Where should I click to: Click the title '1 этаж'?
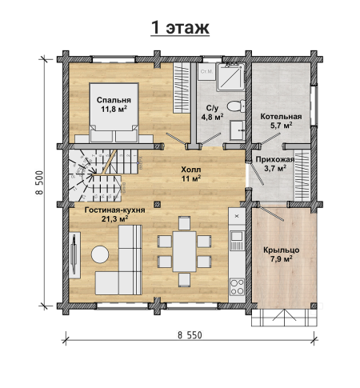(180, 27)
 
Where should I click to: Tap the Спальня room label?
(114, 100)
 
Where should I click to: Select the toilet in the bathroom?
(236, 106)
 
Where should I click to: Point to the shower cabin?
(230, 76)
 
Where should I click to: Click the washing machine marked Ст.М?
(206, 71)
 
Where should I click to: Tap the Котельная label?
(281, 117)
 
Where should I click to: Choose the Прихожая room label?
(275, 159)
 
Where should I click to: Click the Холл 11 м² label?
(191, 174)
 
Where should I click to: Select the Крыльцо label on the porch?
(282, 250)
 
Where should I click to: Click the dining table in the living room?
(184, 251)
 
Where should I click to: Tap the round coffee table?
(100, 254)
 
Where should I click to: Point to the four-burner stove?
(237, 287)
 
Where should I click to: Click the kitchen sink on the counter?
(237, 237)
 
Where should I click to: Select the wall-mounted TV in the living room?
(74, 254)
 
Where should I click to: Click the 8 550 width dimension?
(190, 335)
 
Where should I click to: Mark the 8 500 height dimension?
(39, 182)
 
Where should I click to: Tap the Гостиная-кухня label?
(115, 210)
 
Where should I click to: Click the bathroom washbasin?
(238, 130)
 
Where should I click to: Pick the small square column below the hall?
(158, 205)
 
